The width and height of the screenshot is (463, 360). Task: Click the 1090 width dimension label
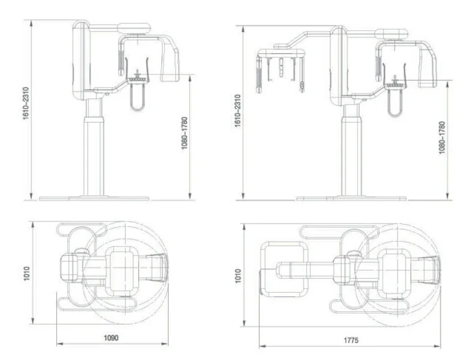tap(111, 338)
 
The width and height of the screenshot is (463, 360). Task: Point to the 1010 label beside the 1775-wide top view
tap(238, 274)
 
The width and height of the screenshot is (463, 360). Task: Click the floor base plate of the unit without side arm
tap(94, 199)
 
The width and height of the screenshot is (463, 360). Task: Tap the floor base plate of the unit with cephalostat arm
tap(351, 199)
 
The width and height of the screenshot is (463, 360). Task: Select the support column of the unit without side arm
tap(94, 148)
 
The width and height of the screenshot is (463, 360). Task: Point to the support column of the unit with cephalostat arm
tap(351, 148)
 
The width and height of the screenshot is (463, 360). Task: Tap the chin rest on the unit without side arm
tap(137, 78)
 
